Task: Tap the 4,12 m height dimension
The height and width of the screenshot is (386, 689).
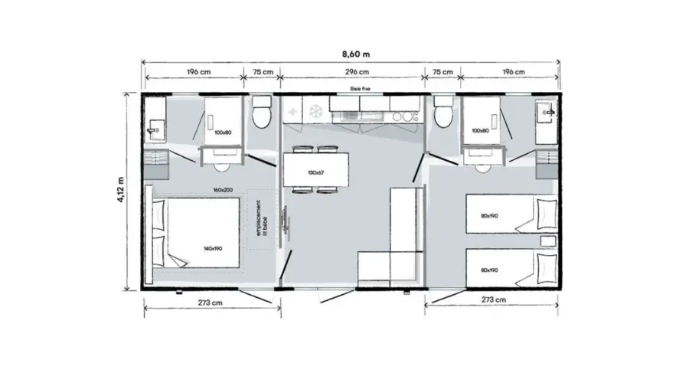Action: pos(120,191)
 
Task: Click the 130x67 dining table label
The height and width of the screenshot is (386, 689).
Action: pos(315,172)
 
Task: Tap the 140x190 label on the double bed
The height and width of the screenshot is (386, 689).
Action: pos(214,249)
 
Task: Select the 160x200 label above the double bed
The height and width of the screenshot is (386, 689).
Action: pos(223,191)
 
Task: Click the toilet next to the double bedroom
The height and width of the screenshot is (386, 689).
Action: pos(261,114)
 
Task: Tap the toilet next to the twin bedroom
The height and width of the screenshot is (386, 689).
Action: pos(442,114)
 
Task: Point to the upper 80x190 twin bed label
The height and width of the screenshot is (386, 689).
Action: pos(490,217)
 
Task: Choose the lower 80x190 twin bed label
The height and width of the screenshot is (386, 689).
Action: pos(489,270)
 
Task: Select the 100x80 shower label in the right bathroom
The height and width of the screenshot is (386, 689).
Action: pos(480,131)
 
